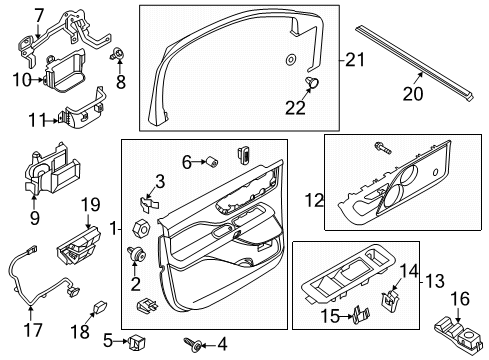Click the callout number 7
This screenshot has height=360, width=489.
pyautogui.click(x=38, y=15)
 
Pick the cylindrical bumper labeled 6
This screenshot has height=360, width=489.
pyautogui.click(x=212, y=161)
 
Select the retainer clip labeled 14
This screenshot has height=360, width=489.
pyautogui.click(x=393, y=295)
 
